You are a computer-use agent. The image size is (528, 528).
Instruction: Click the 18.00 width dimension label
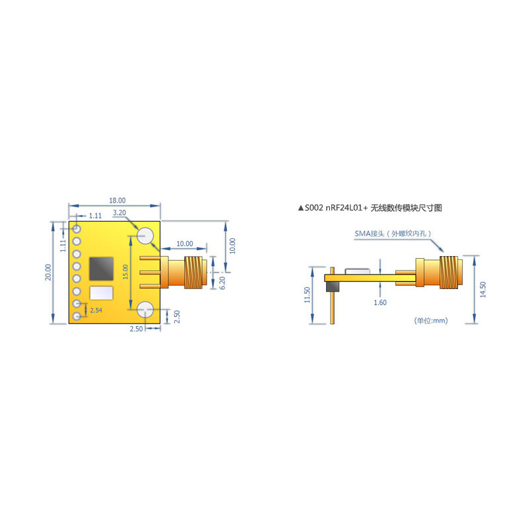[x=117, y=200]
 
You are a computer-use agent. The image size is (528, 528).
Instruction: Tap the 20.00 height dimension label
[x=48, y=272]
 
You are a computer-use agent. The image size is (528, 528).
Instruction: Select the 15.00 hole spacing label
[x=125, y=272]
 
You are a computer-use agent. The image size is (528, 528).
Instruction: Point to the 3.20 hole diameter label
[x=119, y=213]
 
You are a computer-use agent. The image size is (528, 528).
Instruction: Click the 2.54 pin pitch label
[x=96, y=310]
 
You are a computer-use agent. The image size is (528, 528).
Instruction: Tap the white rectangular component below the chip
[x=101, y=292]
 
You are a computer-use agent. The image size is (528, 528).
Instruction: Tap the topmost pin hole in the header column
[x=77, y=228]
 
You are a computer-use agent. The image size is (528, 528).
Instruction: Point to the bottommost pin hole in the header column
[x=77, y=317]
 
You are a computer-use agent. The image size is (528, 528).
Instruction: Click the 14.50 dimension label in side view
[x=483, y=290]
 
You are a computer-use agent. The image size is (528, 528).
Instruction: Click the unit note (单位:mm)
[x=431, y=320]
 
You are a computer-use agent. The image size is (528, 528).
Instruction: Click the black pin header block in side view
[x=331, y=286]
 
